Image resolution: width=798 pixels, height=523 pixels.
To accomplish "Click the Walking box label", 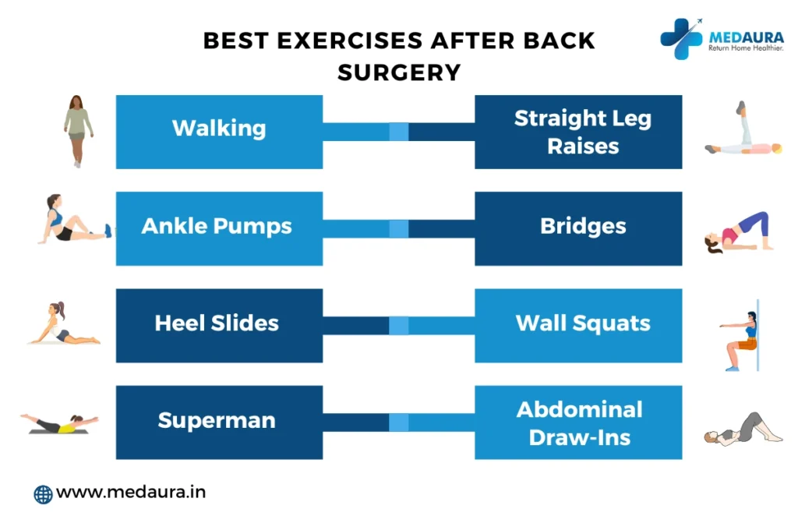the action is (219, 129).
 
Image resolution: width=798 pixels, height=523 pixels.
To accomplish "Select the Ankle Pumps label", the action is (217, 226).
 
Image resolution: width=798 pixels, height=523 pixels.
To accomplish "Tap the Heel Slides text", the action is (217, 323).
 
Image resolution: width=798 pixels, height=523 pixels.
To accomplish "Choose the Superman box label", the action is (217, 420).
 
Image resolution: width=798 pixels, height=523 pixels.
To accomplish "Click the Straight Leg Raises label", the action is (583, 132).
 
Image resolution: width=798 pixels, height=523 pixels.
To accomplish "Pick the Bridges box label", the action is (583, 226).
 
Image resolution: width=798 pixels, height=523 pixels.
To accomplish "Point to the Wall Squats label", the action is (583, 323).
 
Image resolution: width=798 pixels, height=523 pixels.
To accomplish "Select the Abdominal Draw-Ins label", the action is (580, 424).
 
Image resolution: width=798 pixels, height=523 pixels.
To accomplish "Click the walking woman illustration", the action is (78, 131).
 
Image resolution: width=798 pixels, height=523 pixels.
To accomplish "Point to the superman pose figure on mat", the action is (59, 424).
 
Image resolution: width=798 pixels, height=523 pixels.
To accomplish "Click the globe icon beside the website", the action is (44, 494).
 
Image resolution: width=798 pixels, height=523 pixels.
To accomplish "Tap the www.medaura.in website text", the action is (131, 493).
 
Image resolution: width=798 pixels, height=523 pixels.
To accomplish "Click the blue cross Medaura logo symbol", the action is (682, 39).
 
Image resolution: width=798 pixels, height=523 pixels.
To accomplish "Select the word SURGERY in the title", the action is (399, 72).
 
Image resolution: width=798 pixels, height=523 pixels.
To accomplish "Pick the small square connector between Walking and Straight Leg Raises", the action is (399, 132).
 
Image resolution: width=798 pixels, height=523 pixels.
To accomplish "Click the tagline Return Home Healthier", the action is (746, 48).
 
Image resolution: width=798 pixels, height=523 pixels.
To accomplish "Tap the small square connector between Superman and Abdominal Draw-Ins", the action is (399, 422).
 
